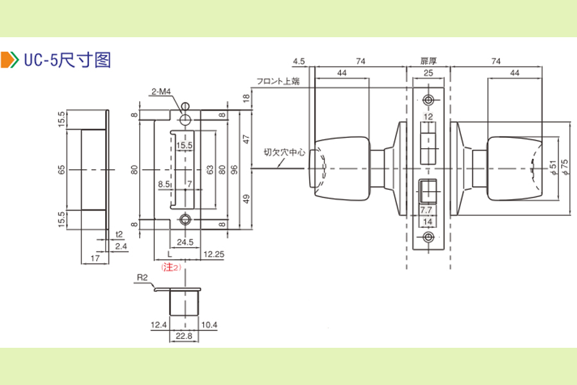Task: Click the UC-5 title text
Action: pyautogui.click(x=67, y=60)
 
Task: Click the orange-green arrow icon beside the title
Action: pyautogui.click(x=10, y=60)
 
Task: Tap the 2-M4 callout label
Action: pyautogui.click(x=162, y=92)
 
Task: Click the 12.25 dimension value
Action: pyautogui.click(x=213, y=255)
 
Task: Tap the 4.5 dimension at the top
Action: pyautogui.click(x=299, y=61)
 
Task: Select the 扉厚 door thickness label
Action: pyautogui.click(x=428, y=61)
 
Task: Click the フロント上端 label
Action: pyautogui.click(x=278, y=81)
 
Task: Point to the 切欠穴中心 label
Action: pyautogui.click(x=281, y=153)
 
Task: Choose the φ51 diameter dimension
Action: pyautogui.click(x=553, y=168)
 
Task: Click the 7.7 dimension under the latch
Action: pyautogui.click(x=426, y=210)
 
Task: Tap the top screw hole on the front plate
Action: pyautogui.click(x=428, y=101)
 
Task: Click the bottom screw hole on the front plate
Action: pyautogui.click(x=428, y=237)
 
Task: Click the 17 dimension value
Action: pyautogui.click(x=94, y=259)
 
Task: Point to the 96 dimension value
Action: pyautogui.click(x=235, y=169)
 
